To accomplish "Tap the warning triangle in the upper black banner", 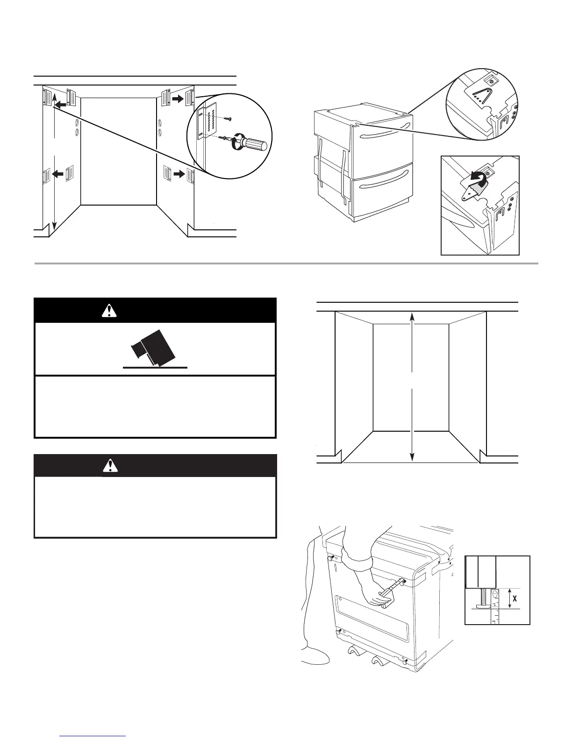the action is pos(109,310).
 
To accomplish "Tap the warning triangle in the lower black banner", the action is pos(109,466).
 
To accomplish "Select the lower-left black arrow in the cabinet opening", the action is pos(57,174).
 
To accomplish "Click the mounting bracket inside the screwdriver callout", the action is pos(202,122).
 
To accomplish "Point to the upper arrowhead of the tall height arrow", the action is pos(412,316).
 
